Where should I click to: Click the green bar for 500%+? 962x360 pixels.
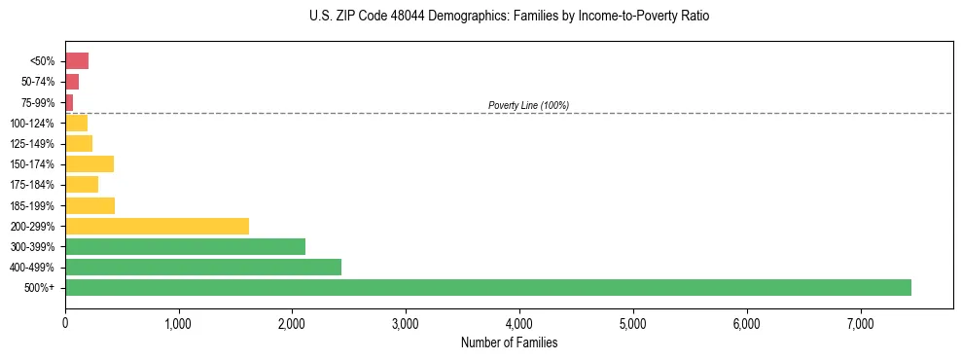point(487,287)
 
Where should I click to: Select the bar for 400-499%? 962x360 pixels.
point(203,267)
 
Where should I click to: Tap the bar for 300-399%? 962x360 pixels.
point(185,246)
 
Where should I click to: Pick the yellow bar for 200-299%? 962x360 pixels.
point(157,226)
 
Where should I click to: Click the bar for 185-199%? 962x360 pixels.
point(89,205)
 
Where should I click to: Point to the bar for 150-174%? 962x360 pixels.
point(89,164)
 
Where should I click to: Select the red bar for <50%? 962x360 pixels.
point(77,61)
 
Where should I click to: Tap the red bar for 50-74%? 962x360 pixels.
point(72,82)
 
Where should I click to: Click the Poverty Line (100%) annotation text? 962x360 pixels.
point(528,105)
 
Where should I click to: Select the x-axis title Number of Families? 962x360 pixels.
point(509,342)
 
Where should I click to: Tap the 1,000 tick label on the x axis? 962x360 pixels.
point(178,322)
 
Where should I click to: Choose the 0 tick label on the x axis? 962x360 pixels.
point(65,322)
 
